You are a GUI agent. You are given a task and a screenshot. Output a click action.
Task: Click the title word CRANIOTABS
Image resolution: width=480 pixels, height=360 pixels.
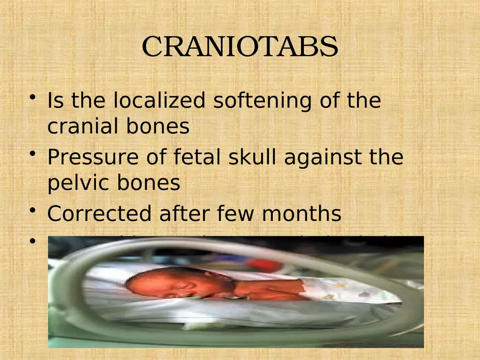(x=240, y=47)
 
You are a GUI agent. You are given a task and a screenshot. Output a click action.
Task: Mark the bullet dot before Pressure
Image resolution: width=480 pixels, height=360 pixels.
(x=34, y=155)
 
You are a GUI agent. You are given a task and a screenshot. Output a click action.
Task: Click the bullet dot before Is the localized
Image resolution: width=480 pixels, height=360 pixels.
(x=34, y=98)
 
